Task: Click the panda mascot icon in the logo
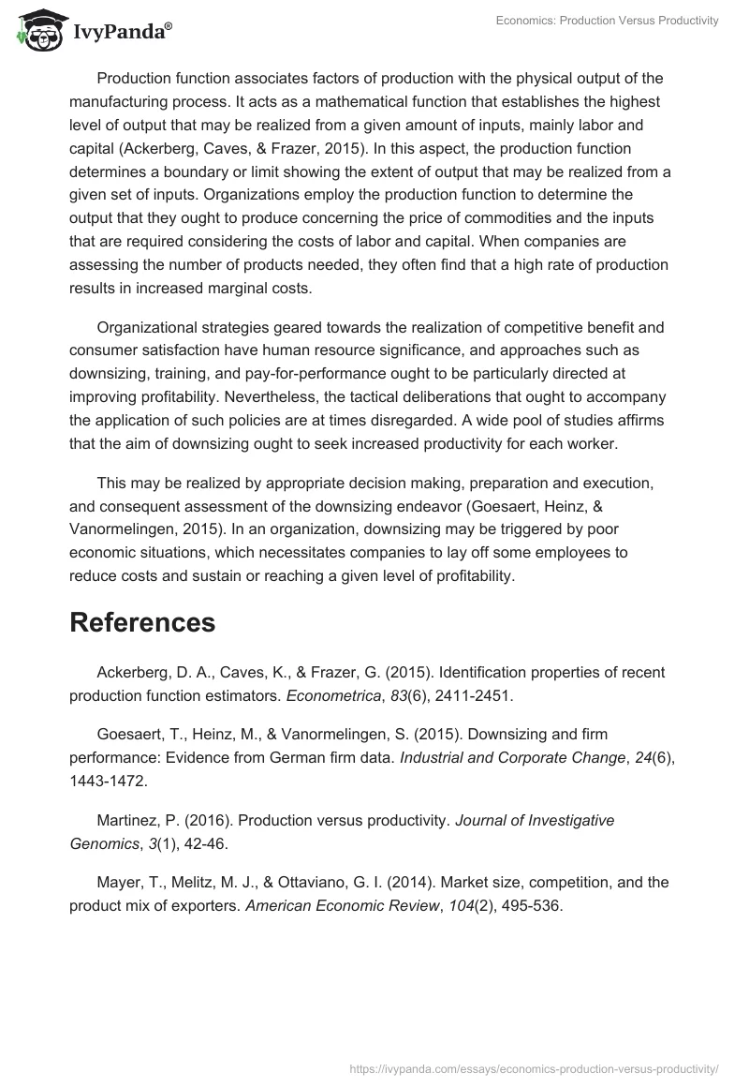38,31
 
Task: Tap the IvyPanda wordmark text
122,32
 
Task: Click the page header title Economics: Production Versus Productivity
608,21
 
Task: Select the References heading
142,622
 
